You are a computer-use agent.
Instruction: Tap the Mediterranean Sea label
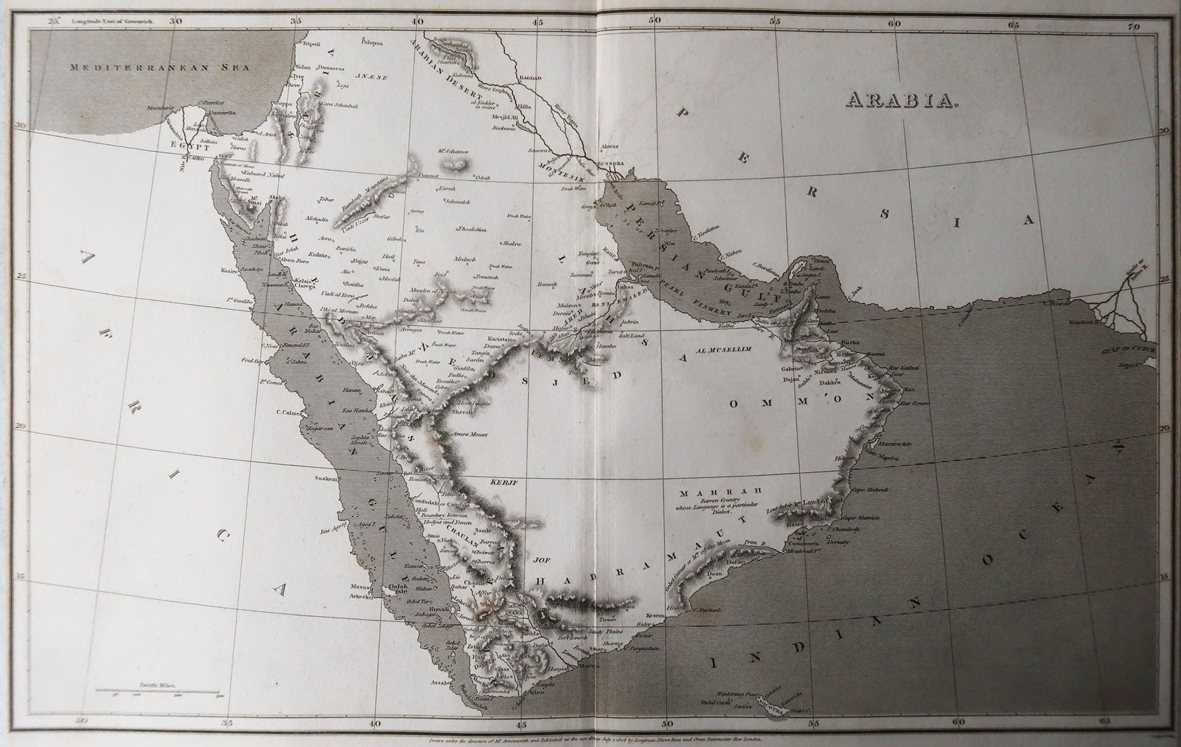[x=159, y=68]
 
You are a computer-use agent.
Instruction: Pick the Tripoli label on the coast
[x=311, y=44]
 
